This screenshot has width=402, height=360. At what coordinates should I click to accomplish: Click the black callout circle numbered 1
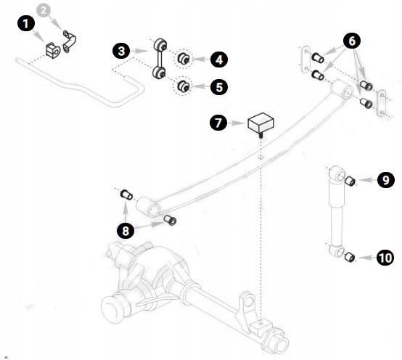tap(26, 24)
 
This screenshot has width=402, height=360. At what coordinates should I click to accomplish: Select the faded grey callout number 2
tap(44, 10)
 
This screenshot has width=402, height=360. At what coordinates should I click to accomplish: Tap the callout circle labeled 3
tap(121, 51)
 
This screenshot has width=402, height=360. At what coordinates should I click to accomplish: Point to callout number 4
tap(219, 60)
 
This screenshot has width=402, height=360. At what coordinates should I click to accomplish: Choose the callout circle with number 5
tap(219, 86)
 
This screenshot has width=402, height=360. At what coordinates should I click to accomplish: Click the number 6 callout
tap(352, 41)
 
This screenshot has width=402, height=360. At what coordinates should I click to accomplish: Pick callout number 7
tap(218, 123)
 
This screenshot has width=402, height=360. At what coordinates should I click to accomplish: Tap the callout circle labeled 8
tap(126, 231)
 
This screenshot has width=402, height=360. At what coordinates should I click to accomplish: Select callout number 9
tap(385, 180)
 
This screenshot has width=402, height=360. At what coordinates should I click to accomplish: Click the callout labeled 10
tap(385, 258)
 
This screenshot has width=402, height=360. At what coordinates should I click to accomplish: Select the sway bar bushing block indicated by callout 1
tap(52, 50)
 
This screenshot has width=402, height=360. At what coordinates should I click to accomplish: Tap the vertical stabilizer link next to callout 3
tap(160, 59)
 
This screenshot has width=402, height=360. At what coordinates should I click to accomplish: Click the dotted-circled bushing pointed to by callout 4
tap(184, 59)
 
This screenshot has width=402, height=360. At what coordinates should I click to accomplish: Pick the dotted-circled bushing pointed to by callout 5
tap(184, 86)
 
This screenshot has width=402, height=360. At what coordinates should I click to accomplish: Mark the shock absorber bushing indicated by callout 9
tap(350, 181)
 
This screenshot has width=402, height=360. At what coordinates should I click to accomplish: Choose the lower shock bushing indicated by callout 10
tap(350, 257)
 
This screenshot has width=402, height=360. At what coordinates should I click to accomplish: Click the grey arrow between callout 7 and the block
tap(237, 123)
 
